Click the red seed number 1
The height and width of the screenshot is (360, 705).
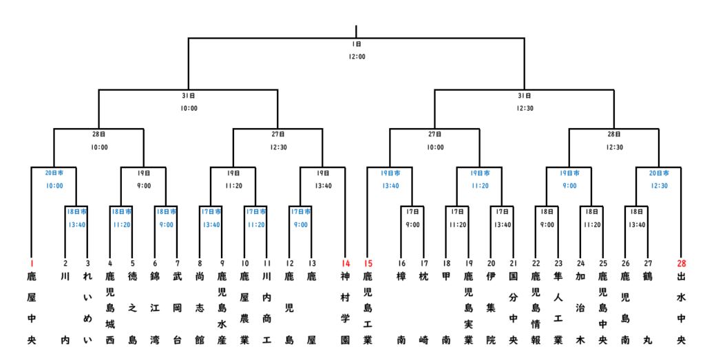31,263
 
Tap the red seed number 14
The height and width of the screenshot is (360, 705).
346,263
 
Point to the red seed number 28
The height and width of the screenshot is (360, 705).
681,263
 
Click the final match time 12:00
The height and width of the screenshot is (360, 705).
356,56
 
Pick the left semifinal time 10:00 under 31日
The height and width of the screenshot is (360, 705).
188,108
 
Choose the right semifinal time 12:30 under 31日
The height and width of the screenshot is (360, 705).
524,108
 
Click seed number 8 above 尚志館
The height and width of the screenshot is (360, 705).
200,263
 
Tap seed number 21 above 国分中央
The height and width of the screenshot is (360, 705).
513,263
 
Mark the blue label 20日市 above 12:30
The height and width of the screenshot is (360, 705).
658,173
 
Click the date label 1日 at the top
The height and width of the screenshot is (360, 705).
356,44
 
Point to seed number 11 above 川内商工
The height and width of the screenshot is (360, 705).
266,263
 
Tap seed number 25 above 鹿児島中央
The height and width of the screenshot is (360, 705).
602,263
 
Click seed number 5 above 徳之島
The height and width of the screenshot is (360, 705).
132,263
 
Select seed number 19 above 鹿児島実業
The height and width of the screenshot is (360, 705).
468,263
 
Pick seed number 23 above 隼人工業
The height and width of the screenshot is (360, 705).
558,263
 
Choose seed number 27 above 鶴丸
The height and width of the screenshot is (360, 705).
647,263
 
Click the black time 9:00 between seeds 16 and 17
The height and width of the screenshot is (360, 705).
412,224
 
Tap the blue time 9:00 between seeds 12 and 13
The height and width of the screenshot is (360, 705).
300,224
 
